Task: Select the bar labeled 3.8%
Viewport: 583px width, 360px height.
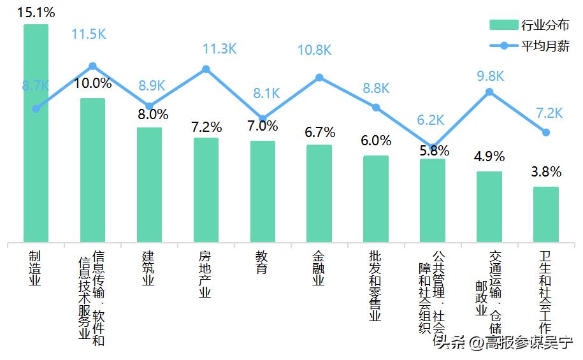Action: (x=545, y=214)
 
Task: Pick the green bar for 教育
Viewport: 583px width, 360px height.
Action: (x=263, y=191)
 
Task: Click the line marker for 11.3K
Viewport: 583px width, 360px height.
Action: (x=206, y=69)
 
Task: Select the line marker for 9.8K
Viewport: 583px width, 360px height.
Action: (x=489, y=92)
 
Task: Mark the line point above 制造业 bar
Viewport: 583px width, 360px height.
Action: (x=36, y=109)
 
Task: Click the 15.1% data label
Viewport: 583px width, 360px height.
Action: (x=36, y=12)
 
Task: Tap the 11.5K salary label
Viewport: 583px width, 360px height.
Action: (x=89, y=34)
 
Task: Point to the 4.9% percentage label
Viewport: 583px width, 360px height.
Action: (x=489, y=157)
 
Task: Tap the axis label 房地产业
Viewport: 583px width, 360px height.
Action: (x=206, y=274)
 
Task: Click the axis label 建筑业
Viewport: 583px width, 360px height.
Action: (x=149, y=269)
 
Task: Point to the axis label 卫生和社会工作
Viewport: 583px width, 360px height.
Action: (x=545, y=291)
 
